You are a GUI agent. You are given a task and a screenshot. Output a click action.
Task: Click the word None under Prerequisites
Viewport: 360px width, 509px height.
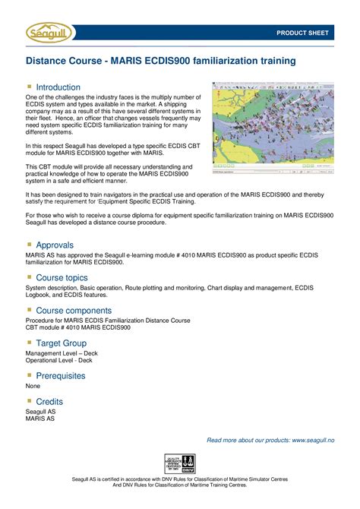pos(33,386)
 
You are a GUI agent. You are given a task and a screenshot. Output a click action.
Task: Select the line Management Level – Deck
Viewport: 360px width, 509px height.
pos(62,353)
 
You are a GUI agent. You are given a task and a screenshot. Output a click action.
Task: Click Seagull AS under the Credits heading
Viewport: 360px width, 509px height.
pos(40,411)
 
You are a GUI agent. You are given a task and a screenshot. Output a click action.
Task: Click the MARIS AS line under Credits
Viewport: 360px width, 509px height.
pos(39,419)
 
